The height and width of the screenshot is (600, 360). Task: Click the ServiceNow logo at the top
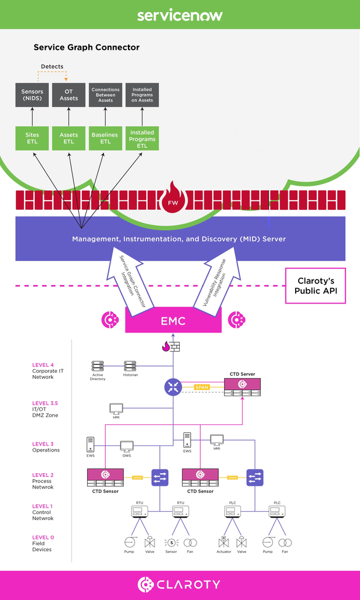coord(180,14)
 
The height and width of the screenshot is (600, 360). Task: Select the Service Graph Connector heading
coord(87,47)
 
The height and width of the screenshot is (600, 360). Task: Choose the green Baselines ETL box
coord(105,136)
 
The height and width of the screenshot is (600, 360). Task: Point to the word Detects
coord(52,66)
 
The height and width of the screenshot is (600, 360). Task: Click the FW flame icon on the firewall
coord(180,198)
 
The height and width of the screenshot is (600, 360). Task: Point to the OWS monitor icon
coord(126,447)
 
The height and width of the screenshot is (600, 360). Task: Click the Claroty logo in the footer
coord(180,584)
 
